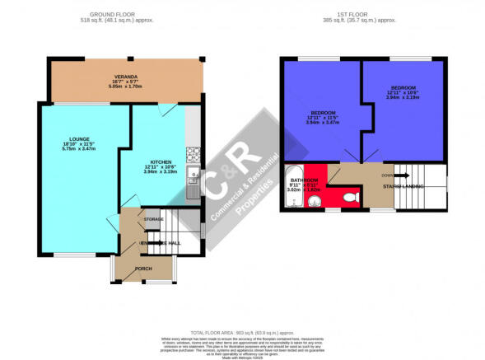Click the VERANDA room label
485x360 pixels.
coord(124,77)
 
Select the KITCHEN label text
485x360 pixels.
coord(161,162)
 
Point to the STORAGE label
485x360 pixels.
coord(154,220)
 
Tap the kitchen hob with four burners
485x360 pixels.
coord(193,152)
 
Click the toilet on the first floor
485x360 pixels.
coord(349,197)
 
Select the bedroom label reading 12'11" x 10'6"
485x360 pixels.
coord(403,92)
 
